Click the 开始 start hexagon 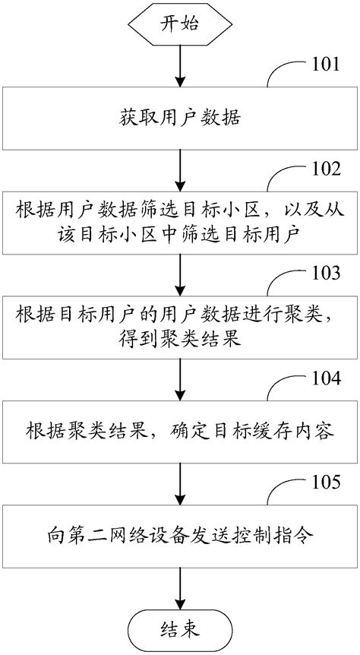[x=180, y=24]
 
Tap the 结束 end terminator [x=180, y=629]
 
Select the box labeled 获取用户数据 [x=180, y=119]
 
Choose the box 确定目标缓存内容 [x=180, y=432]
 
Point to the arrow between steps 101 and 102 [x=180, y=171]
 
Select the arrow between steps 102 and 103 [x=180, y=275]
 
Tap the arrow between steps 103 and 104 [x=180, y=380]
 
